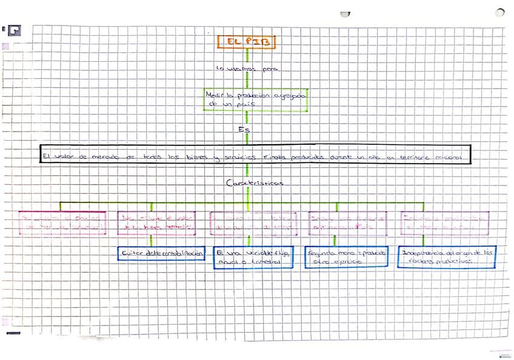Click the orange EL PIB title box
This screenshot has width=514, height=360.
pyautogui.click(x=246, y=42)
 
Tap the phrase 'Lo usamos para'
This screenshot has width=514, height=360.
pyautogui.click(x=246, y=69)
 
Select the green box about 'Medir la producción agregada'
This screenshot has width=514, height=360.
pyautogui.click(x=256, y=100)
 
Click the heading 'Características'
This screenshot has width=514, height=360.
pyautogui.click(x=254, y=182)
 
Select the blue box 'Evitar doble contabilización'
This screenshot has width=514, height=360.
pyautogui.click(x=161, y=253)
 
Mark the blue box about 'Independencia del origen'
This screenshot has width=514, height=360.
pyautogui.click(x=447, y=256)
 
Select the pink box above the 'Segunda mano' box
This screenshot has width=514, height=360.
pyautogui.click(x=347, y=223)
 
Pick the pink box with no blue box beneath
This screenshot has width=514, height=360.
pyautogui.click(x=63, y=223)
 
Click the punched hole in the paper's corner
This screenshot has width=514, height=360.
pyautogui.click(x=499, y=12)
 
